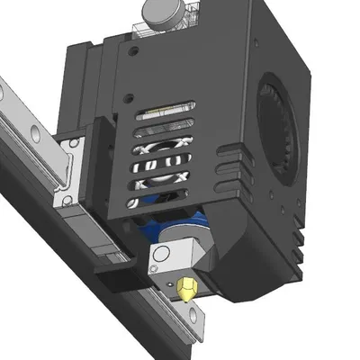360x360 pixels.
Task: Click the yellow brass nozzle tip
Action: tap(186, 288)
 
